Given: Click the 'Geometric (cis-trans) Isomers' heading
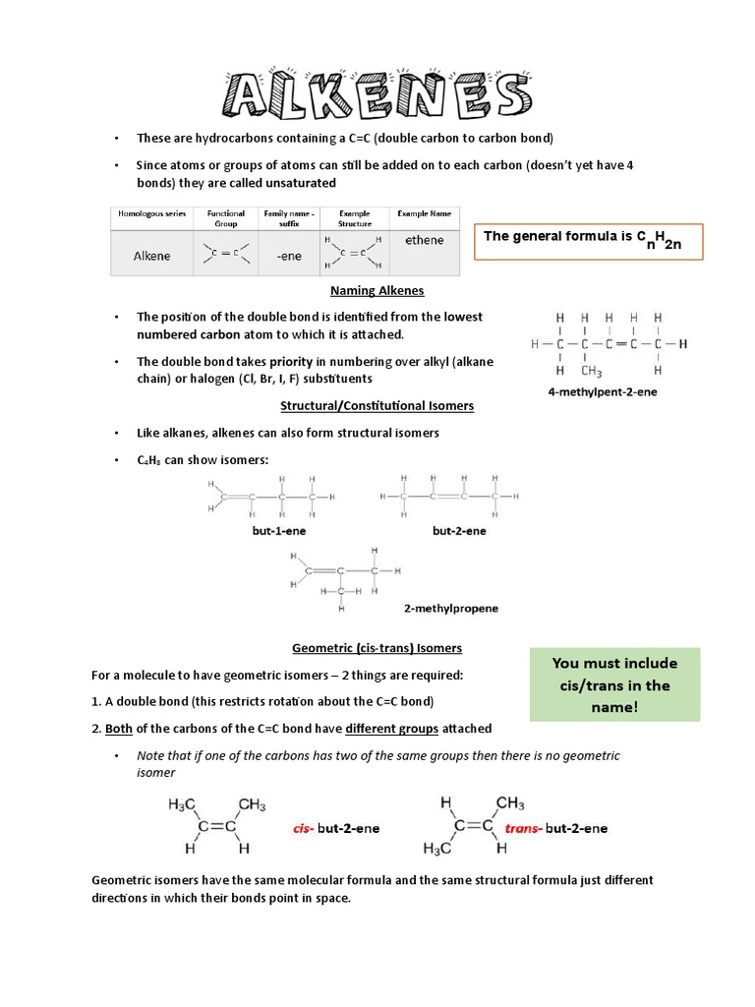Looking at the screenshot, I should coord(377,648).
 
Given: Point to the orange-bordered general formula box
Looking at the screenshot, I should coord(588,240).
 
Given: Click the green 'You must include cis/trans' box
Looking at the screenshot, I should coord(614,684).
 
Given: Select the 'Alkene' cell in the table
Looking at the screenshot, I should coord(151,256).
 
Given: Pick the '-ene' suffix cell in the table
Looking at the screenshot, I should coord(289,256).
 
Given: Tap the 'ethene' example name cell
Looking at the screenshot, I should coord(424,240).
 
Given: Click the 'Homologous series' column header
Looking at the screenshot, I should coord(151,213).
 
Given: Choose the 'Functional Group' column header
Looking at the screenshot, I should coord(225,217).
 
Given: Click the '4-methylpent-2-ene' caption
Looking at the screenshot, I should coord(602,391).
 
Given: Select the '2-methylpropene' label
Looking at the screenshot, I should coord(450,608).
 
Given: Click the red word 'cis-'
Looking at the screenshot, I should coord(304,828).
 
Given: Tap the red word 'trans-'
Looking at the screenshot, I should coord(523,828).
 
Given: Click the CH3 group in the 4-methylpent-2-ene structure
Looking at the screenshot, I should coord(591,371).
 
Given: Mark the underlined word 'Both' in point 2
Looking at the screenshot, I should coord(119,729).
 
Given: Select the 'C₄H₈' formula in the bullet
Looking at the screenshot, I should coord(148,460).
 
